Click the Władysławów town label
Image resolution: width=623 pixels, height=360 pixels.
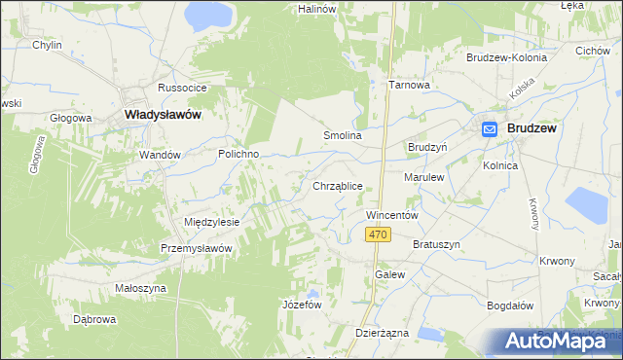point(164,114)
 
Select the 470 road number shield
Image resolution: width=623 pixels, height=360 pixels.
point(380,234)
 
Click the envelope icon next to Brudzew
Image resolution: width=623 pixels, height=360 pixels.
point(490,127)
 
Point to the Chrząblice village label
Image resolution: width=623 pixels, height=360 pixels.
point(338,185)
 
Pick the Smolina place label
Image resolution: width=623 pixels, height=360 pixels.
point(343,136)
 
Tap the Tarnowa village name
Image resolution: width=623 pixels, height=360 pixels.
point(409,85)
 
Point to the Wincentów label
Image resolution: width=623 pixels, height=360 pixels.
point(391,214)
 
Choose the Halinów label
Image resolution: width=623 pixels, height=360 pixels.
point(316,9)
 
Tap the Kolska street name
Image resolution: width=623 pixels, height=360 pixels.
point(524,91)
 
